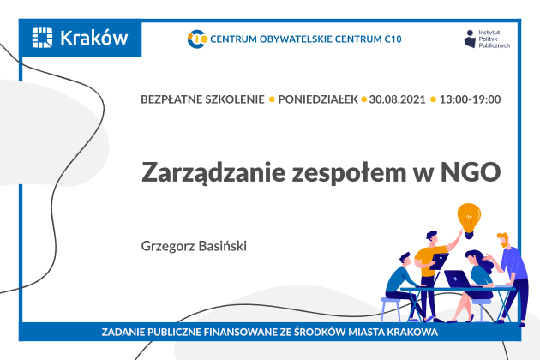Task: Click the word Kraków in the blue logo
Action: pyautogui.click(x=94, y=38)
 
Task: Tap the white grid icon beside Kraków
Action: pyautogui.click(x=42, y=38)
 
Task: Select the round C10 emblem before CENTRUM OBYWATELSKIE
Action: pyautogui.click(x=197, y=39)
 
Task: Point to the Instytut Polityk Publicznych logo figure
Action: pyautogui.click(x=470, y=39)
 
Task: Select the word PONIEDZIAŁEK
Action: pyautogui.click(x=318, y=99)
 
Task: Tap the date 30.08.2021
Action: pyautogui.click(x=397, y=99)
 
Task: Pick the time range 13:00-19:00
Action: pyautogui.click(x=470, y=99)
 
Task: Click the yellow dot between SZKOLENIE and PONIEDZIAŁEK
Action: pyautogui.click(x=272, y=99)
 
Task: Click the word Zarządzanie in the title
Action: pyautogui.click(x=213, y=172)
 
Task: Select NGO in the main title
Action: pyautogui.click(x=471, y=171)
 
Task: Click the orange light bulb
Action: pyautogui.click(x=469, y=220)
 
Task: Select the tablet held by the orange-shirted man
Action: pyautogui.click(x=439, y=261)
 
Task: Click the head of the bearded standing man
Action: pyautogui.click(x=503, y=239)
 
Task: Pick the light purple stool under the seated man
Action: pyautogui.click(x=392, y=307)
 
